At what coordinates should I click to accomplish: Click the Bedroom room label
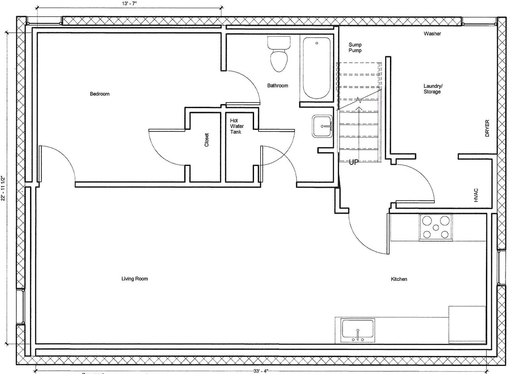click(100, 94)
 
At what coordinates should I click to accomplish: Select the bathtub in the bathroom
click(316, 68)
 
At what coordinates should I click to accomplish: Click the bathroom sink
click(322, 126)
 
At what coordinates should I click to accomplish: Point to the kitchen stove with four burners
click(436, 227)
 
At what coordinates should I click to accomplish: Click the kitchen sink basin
click(358, 330)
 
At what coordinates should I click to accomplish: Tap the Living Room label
click(135, 279)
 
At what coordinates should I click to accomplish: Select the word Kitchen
click(399, 279)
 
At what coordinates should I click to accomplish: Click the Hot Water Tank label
click(234, 126)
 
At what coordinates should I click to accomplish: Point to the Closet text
click(207, 140)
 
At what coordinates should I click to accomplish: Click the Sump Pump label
click(355, 47)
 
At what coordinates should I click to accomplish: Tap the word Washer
click(432, 34)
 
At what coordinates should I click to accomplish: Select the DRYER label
click(487, 128)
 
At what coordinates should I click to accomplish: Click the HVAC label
click(476, 195)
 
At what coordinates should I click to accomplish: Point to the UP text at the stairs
click(354, 162)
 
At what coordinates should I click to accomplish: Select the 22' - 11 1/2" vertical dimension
click(4, 188)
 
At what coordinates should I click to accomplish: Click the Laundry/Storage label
click(432, 89)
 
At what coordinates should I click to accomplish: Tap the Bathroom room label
click(278, 86)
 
